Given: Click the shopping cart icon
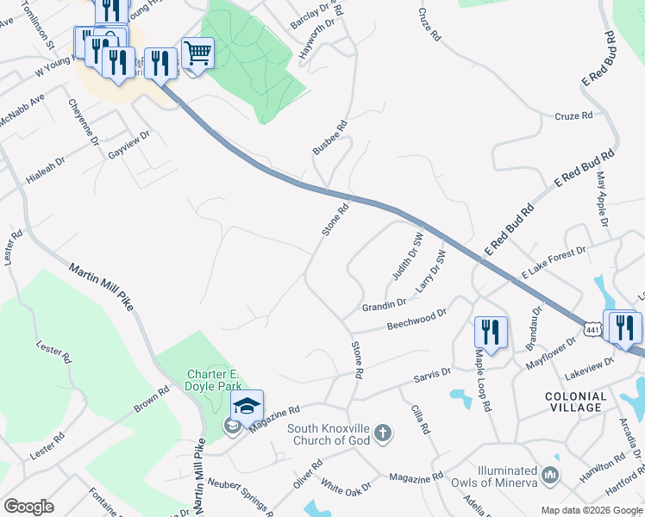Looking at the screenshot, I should [197, 54].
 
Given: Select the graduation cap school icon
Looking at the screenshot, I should [247, 406].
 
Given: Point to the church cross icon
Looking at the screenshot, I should [384, 433].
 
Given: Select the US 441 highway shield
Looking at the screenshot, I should [592, 330].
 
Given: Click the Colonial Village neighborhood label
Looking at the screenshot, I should [576, 402].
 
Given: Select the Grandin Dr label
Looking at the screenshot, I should [385, 304].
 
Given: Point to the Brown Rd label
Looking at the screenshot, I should [151, 401].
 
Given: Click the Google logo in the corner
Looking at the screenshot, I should [28, 507].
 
